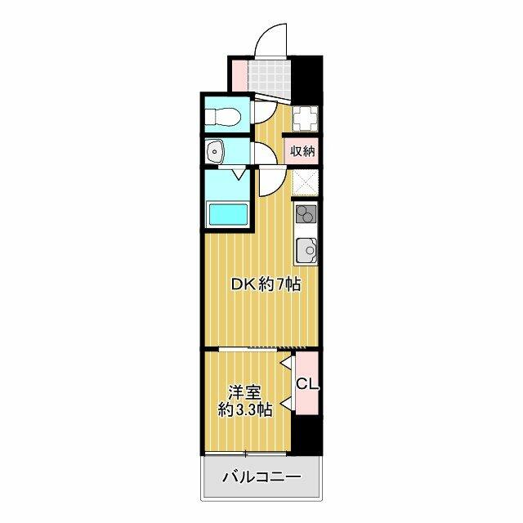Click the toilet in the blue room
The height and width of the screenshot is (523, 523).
222,117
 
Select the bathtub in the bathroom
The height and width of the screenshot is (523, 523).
227,214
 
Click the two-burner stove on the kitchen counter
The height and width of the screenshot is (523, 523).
306,213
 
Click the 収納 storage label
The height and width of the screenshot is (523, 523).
302,152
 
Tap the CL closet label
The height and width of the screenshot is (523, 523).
307,385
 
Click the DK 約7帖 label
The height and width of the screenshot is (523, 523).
266,284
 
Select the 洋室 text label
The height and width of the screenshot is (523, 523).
244,393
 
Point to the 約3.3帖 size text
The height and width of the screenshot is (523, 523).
245,409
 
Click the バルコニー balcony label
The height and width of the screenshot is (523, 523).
261,476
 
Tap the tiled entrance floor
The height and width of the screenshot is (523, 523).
270,76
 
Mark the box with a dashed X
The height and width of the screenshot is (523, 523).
305,183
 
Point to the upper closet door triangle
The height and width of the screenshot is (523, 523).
287,362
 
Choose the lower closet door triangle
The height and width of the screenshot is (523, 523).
287,403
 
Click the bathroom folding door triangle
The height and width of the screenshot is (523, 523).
239,174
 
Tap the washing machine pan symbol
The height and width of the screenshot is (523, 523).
306,118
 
